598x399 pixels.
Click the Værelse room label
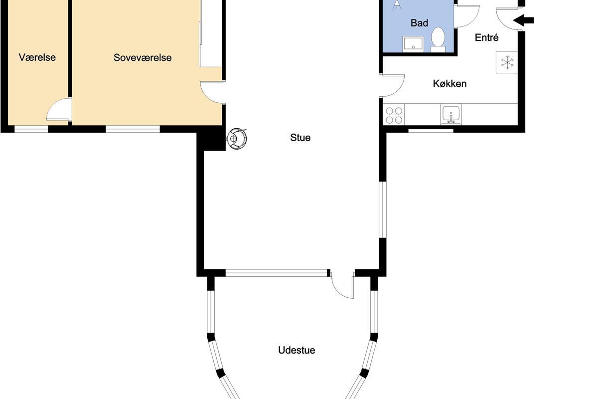(37, 57)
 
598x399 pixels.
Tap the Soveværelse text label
(143, 58)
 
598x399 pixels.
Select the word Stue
(300, 138)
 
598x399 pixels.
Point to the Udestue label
(297, 350)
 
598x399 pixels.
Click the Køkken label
(450, 84)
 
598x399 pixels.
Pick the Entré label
(487, 37)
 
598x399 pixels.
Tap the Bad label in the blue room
(420, 23)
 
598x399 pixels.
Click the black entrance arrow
(524, 20)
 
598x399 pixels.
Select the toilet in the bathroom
(438, 39)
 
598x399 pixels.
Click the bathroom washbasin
(413, 44)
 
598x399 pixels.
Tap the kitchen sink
(451, 114)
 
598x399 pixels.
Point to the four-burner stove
(394, 115)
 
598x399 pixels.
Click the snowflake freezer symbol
(507, 62)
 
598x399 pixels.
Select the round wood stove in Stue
(237, 139)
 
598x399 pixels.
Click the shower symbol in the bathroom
(397, 5)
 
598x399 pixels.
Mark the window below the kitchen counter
(431, 131)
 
